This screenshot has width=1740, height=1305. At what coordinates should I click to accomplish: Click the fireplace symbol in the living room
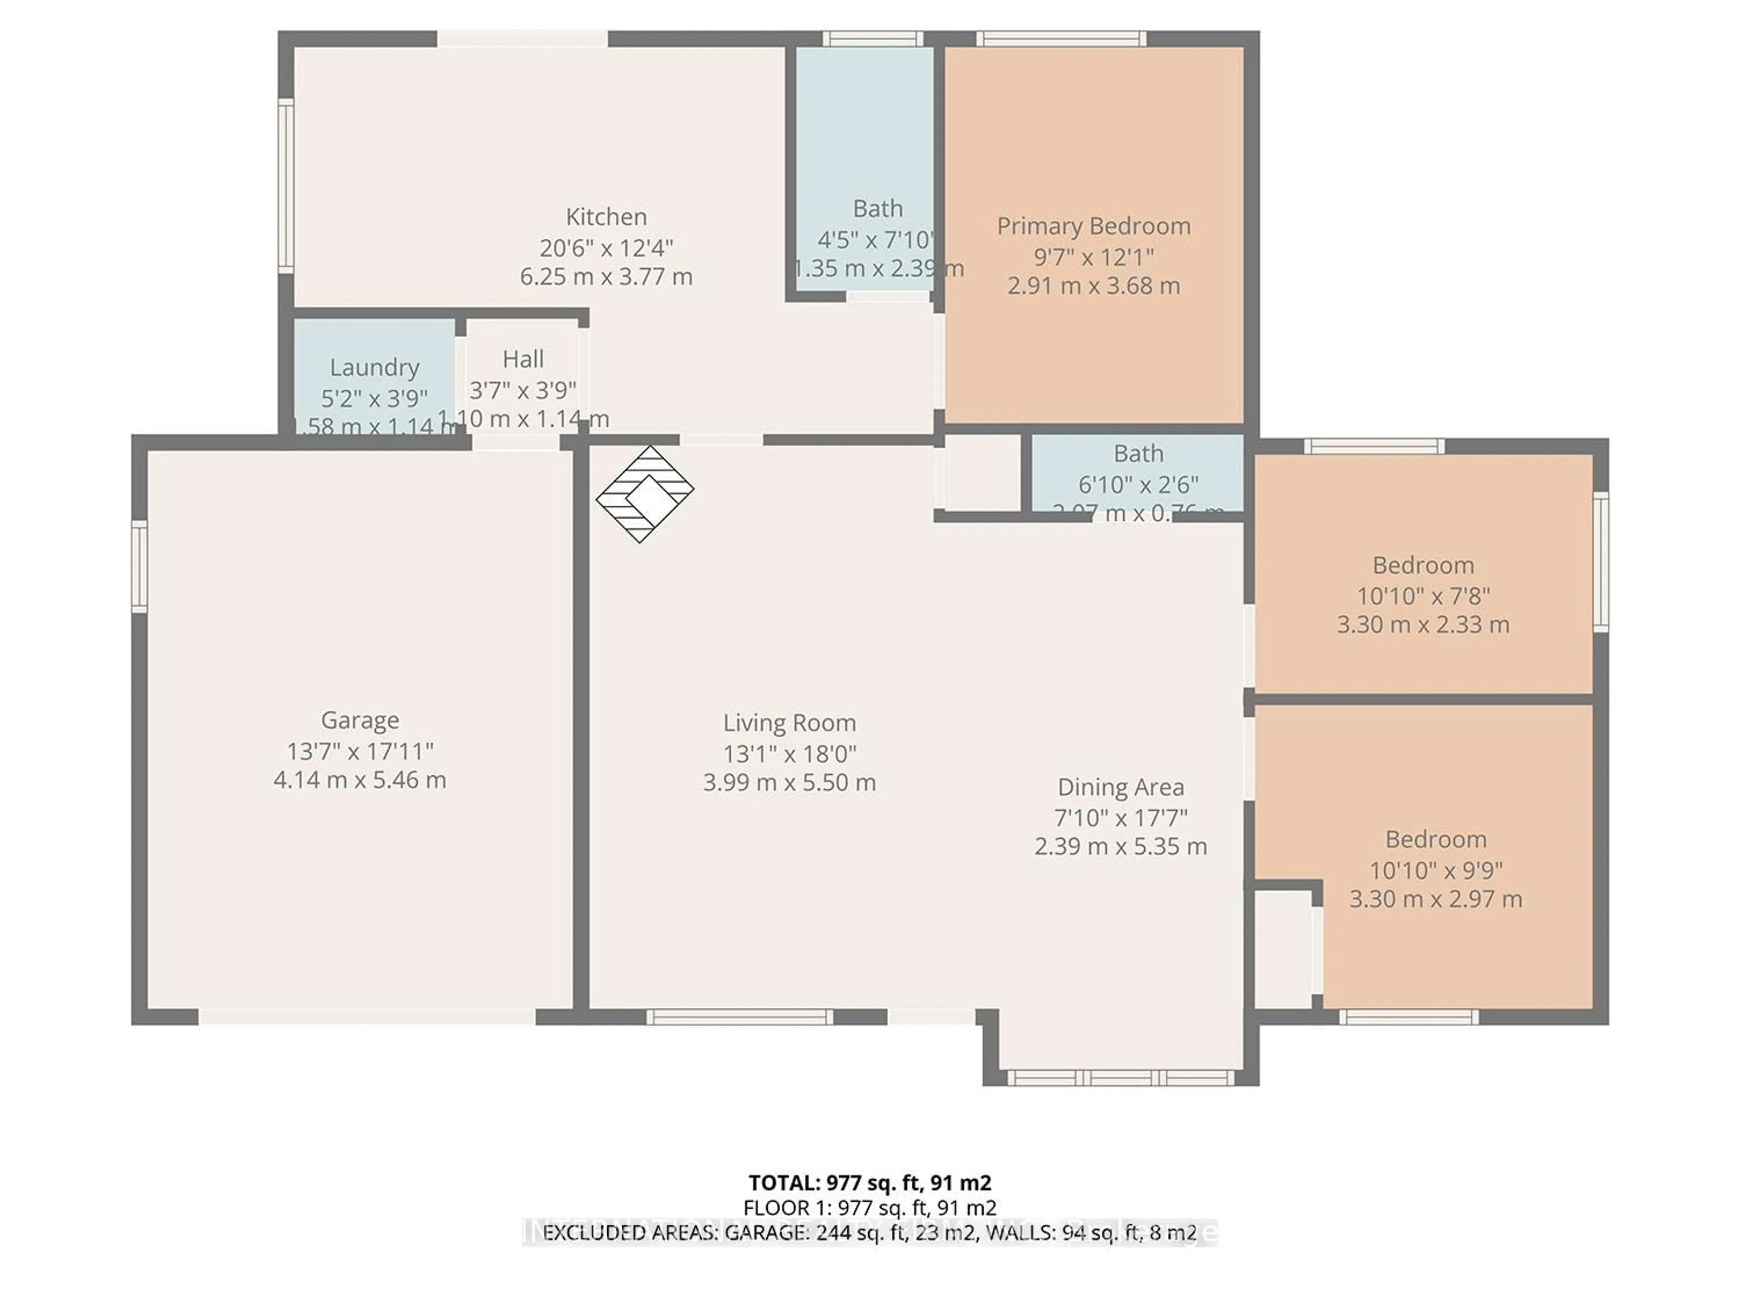tap(644, 494)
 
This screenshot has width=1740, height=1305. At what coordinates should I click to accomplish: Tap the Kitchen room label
tap(606, 217)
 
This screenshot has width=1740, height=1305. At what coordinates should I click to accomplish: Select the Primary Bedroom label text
tap(1093, 227)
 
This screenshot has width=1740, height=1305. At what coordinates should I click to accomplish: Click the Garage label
tap(359, 720)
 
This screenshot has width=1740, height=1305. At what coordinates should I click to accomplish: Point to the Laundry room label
tap(374, 367)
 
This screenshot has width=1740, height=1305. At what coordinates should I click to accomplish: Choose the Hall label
tap(522, 359)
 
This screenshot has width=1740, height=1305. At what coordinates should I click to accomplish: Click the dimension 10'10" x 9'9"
tap(1435, 870)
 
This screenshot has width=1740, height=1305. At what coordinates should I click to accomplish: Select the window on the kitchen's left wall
tap(286, 186)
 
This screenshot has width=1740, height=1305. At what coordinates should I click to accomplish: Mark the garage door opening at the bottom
tap(367, 1017)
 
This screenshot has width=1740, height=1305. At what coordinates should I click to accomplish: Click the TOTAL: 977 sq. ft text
tap(869, 1183)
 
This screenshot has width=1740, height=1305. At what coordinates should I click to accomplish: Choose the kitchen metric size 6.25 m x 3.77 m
tap(606, 277)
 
